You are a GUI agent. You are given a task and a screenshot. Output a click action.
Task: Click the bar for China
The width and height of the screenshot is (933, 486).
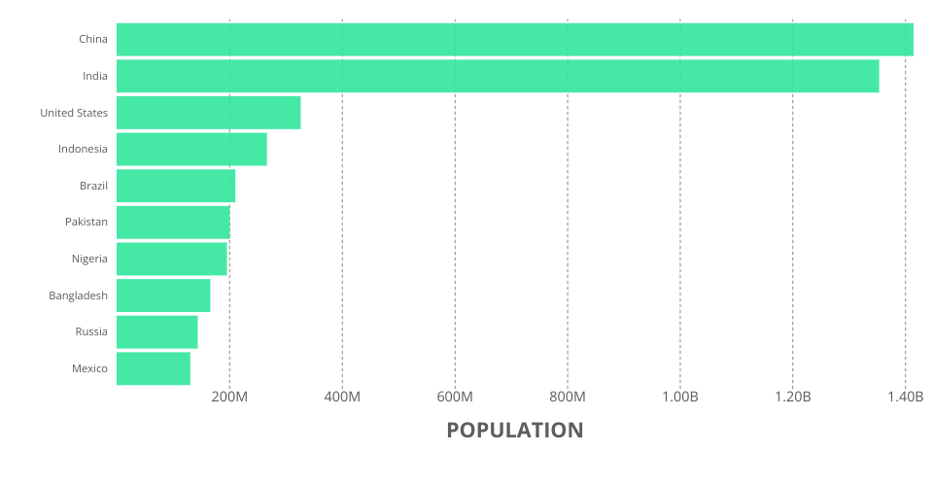click(515, 40)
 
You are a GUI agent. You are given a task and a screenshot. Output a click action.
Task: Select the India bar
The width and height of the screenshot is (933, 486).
click(498, 76)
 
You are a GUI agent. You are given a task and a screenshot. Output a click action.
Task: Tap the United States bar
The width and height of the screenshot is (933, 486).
click(208, 113)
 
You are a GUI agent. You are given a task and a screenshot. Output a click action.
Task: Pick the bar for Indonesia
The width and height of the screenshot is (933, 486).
click(191, 149)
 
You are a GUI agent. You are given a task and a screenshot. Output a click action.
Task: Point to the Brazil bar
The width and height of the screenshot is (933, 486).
click(176, 186)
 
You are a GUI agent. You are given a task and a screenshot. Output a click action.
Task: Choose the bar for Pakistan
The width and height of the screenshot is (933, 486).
click(173, 222)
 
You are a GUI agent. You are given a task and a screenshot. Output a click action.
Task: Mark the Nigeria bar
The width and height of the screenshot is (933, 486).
click(171, 259)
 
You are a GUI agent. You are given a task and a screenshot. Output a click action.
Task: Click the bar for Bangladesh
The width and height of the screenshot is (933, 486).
click(163, 295)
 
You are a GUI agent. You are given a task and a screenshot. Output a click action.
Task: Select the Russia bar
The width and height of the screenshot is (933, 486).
click(156, 331)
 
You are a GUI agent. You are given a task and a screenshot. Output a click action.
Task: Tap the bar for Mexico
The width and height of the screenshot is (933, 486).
click(153, 368)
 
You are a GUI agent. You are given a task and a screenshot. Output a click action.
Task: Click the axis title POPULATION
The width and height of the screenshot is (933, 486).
click(515, 430)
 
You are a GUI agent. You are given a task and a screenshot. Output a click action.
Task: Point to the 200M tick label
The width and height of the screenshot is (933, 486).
click(229, 397)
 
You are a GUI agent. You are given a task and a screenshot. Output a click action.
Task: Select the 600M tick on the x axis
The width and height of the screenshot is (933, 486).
click(455, 397)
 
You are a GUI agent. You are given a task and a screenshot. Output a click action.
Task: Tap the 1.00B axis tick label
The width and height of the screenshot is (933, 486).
click(680, 397)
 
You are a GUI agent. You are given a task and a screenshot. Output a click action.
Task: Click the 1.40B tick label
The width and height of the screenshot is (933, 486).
click(905, 397)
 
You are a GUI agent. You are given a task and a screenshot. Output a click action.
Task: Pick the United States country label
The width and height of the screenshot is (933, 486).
click(74, 113)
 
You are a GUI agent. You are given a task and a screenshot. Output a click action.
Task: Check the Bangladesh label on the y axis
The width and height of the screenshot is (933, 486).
click(78, 295)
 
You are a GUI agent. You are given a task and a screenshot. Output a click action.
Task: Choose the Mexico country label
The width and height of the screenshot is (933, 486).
click(89, 368)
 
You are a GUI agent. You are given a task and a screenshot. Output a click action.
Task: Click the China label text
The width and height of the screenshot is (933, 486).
click(93, 40)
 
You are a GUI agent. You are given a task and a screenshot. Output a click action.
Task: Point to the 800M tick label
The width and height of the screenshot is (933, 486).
click(568, 397)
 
